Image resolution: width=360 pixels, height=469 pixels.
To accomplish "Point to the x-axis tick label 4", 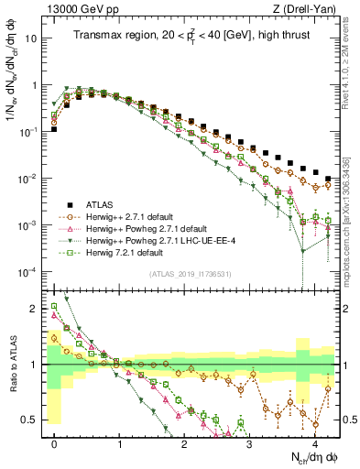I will [x=314, y=442].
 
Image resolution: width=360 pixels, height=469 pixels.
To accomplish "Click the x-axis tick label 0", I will [x=55, y=442].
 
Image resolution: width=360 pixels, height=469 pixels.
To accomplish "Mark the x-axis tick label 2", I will [x=185, y=442].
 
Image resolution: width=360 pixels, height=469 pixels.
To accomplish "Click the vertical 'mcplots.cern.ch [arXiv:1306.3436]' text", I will [x=352, y=215].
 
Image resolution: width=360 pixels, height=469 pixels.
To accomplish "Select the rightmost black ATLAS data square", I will [x=328, y=178].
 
